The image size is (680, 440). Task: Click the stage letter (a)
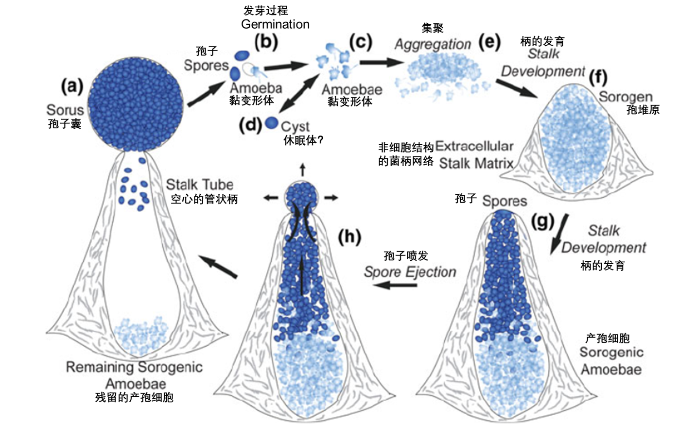point(72,86)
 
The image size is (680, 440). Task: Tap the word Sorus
point(65,110)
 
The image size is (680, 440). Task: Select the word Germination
point(275,24)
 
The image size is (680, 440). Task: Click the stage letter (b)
point(266,42)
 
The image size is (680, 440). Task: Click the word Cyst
point(295,126)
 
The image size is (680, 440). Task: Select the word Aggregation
point(433,44)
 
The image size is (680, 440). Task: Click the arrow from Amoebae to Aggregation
point(382,62)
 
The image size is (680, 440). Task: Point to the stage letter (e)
point(489,43)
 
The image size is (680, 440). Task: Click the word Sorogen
point(626,97)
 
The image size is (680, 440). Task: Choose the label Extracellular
point(474,146)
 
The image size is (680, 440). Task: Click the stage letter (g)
point(542,222)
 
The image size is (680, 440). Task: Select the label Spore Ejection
point(410,272)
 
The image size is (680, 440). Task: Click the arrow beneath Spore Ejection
point(397,285)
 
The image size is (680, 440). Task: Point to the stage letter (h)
point(349,237)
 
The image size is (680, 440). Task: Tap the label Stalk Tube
point(199,185)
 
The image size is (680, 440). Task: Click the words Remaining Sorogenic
point(134,367)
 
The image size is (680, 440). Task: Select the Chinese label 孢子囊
point(65,124)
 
